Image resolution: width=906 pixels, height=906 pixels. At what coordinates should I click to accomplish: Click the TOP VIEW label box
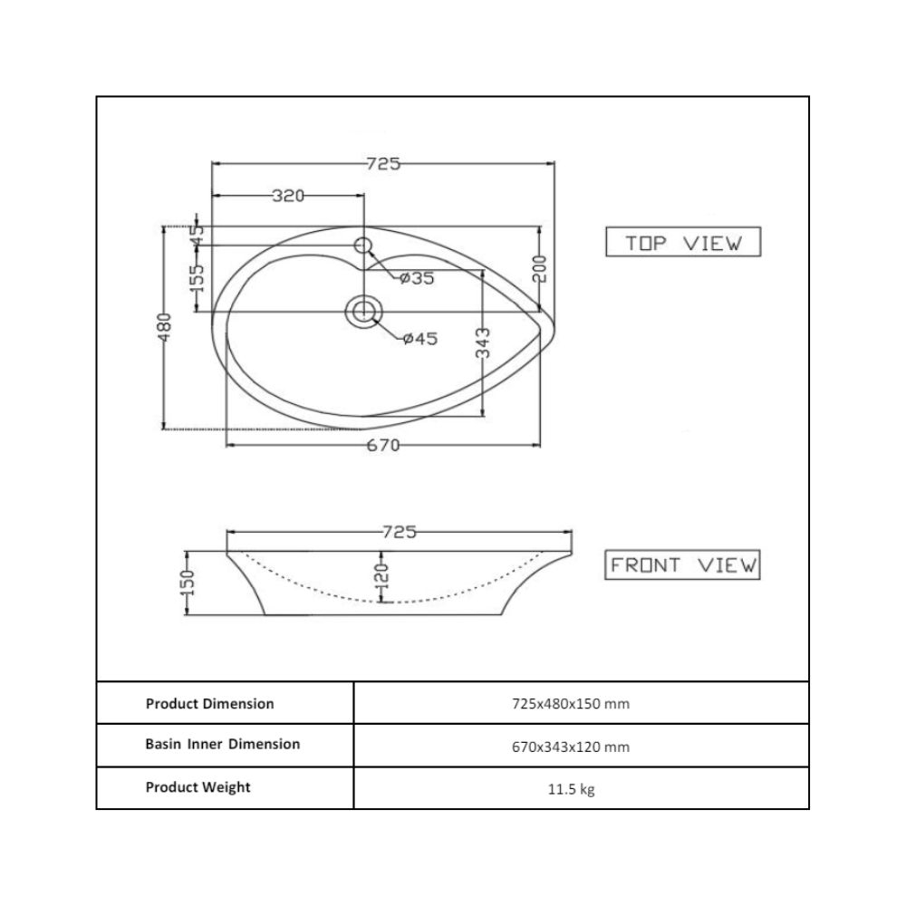click(x=683, y=243)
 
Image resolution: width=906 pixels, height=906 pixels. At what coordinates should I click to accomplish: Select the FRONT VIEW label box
click(x=683, y=565)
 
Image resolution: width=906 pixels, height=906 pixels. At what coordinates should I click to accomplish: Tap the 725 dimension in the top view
click(x=382, y=164)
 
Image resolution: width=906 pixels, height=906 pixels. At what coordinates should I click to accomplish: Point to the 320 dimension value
click(x=288, y=196)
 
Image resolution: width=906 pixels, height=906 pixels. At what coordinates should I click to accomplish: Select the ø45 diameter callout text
click(x=420, y=339)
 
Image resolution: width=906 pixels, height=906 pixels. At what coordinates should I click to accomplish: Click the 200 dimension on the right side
click(x=538, y=268)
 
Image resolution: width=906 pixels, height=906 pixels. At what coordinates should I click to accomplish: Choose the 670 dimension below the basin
click(x=383, y=446)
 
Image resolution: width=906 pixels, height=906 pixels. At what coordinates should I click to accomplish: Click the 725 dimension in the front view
click(x=399, y=532)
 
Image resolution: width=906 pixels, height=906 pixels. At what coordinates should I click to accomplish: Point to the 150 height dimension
click(x=188, y=583)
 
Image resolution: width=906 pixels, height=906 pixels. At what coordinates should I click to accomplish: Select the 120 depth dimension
click(x=380, y=576)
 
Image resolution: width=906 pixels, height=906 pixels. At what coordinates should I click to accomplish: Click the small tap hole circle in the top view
click(x=363, y=245)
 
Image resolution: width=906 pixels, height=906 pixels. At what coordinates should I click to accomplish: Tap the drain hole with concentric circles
click(x=363, y=312)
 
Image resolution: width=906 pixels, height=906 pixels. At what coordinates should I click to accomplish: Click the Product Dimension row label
click(x=209, y=703)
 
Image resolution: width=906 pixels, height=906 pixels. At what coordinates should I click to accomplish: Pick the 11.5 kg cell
click(x=571, y=789)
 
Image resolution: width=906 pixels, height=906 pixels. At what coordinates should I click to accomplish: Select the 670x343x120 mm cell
click(x=571, y=747)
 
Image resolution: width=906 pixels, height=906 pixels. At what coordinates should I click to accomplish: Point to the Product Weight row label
click(x=198, y=787)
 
